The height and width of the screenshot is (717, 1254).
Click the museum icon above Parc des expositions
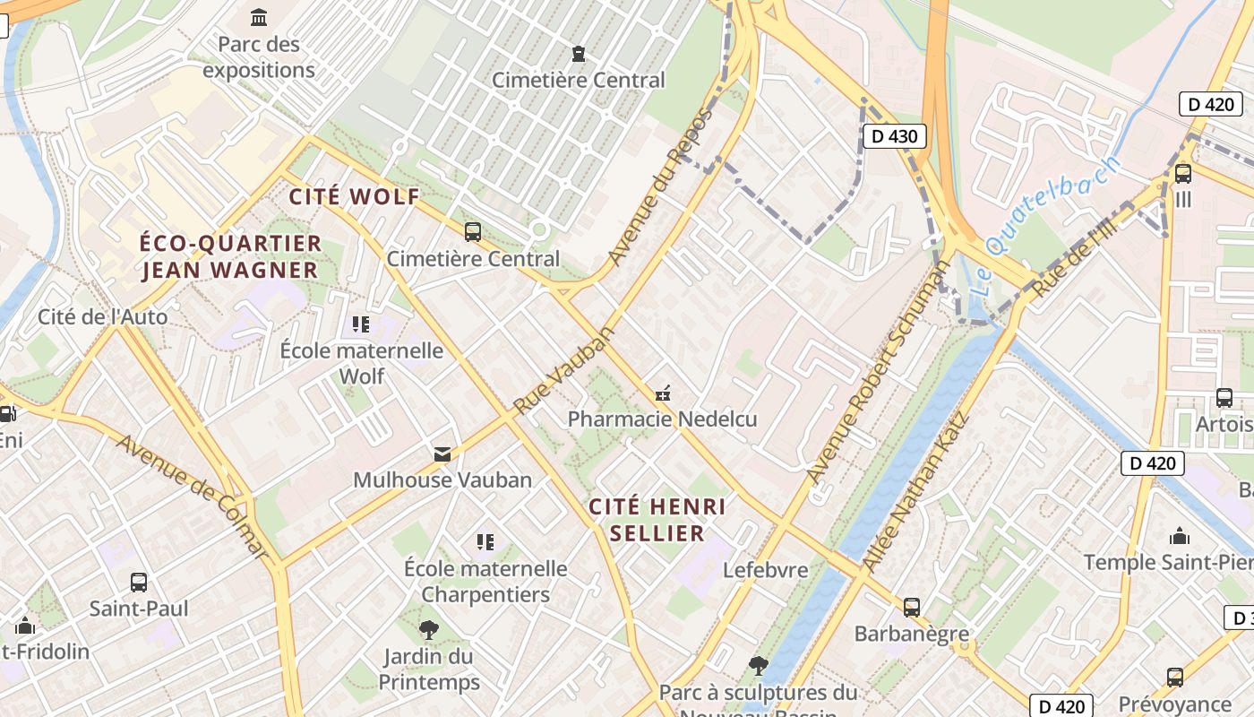pyautogui.click(x=259, y=17)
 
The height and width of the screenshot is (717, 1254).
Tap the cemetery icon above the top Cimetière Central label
pyautogui.click(x=579, y=54)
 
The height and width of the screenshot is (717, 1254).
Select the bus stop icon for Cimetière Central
pyautogui.click(x=473, y=232)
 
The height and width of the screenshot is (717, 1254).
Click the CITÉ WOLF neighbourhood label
pyautogui.click(x=355, y=197)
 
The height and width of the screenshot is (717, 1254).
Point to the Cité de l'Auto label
pyautogui.click(x=102, y=316)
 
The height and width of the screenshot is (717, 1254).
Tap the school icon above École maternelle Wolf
pyautogui.click(x=361, y=324)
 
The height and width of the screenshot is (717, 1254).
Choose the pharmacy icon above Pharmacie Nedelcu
pyautogui.click(x=663, y=393)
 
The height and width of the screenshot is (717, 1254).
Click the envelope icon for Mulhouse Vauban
pyautogui.click(x=442, y=454)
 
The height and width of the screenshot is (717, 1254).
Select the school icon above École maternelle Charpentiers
pyautogui.click(x=485, y=541)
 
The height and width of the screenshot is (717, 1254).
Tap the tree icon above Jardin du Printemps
pyautogui.click(x=429, y=629)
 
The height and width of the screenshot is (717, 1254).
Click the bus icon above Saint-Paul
pyautogui.click(x=139, y=582)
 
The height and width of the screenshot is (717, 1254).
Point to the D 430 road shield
pyautogui.click(x=894, y=136)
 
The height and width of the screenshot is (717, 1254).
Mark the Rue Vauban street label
pyautogui.click(x=565, y=370)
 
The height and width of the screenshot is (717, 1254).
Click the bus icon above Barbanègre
pyautogui.click(x=912, y=607)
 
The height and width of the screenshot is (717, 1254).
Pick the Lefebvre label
pyautogui.click(x=765, y=570)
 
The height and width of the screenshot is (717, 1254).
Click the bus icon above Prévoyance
pyautogui.click(x=1175, y=677)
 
